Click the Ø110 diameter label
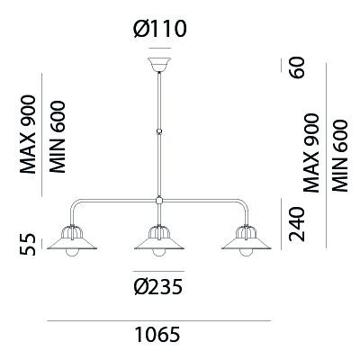coord(160,29)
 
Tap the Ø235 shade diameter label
coord(158,287)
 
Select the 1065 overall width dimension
coord(157,334)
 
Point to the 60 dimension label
coord(298,67)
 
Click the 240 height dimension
coord(297,224)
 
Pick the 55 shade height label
coord(28,245)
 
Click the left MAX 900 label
coord(28,134)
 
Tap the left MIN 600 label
coord(58,137)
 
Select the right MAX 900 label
coord(310,153)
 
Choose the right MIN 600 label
coord(340,156)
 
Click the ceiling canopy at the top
coord(159,65)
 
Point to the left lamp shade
coord(72,241)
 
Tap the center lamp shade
coord(159,241)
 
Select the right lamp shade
coord(247,241)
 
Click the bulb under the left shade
coord(72,253)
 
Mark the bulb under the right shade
coord(247,253)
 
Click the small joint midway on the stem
coord(159,131)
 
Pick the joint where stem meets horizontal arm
coord(159,200)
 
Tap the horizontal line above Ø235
coord(159,272)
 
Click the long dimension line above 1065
coord(159,320)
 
